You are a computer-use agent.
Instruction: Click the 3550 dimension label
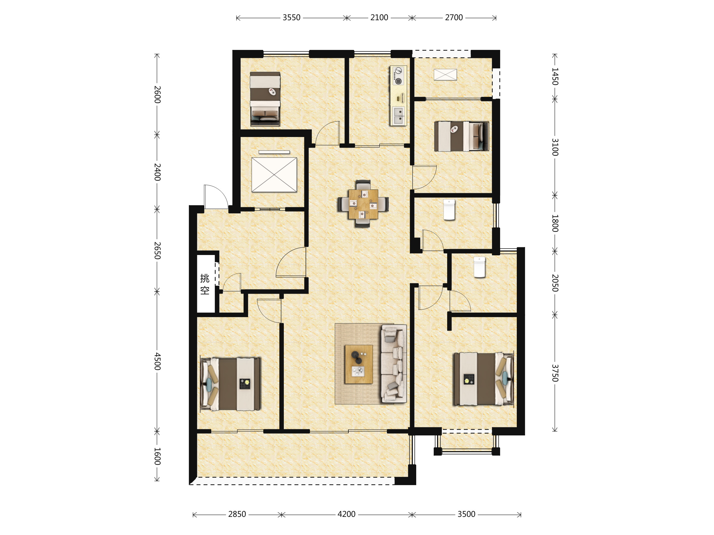(x=292, y=18)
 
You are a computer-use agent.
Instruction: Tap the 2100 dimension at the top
(x=379, y=18)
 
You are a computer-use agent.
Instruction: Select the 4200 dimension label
(x=346, y=514)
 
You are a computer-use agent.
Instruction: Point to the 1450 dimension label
(x=555, y=76)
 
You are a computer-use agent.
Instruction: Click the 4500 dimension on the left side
(x=157, y=361)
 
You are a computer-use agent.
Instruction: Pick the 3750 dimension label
(x=555, y=373)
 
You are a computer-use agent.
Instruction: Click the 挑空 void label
(x=205, y=284)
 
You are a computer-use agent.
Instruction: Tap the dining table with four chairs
(x=363, y=204)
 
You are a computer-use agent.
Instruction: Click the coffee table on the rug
(x=358, y=364)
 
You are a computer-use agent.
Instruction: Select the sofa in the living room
(x=394, y=364)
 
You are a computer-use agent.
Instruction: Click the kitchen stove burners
(x=398, y=76)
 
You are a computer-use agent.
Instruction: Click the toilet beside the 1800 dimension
(x=449, y=210)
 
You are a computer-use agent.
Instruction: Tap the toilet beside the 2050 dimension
(x=479, y=267)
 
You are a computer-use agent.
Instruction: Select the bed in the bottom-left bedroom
(x=231, y=383)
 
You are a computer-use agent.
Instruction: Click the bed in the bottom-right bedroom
(x=483, y=379)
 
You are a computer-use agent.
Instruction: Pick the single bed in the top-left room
(x=265, y=99)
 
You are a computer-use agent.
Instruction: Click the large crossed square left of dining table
(x=274, y=174)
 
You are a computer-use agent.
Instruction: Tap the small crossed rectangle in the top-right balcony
(x=445, y=75)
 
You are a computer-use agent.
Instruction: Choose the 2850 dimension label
(x=237, y=514)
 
